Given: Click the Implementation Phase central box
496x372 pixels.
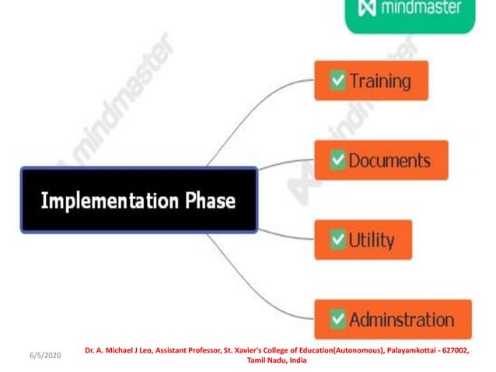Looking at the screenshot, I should pyautogui.click(x=138, y=200).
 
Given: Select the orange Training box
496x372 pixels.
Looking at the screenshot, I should pyautogui.click(x=371, y=80).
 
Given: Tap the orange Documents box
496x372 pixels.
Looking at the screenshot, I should pyautogui.click(x=380, y=160).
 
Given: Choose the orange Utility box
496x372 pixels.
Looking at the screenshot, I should pyautogui.click(x=362, y=240).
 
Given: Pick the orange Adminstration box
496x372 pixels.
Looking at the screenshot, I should pyautogui.click(x=393, y=319).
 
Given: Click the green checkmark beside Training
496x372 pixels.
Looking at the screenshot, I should pyautogui.click(x=337, y=80).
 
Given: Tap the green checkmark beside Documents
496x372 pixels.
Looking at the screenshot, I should pyautogui.click(x=337, y=160).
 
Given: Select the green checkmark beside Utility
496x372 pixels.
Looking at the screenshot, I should pyautogui.click(x=337, y=240).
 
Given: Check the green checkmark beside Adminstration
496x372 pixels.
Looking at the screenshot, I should pyautogui.click(x=337, y=319).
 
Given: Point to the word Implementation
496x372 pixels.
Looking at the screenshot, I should pyautogui.click(x=109, y=201).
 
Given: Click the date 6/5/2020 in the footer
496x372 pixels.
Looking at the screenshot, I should pyautogui.click(x=45, y=355).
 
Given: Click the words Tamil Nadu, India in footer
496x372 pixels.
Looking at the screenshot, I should pyautogui.click(x=276, y=361).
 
